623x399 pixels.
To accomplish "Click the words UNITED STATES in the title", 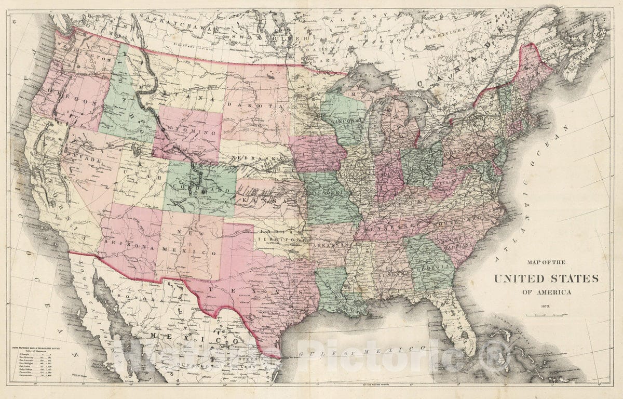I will click(x=546, y=279).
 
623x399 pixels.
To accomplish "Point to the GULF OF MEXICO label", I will click(x=363, y=353).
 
